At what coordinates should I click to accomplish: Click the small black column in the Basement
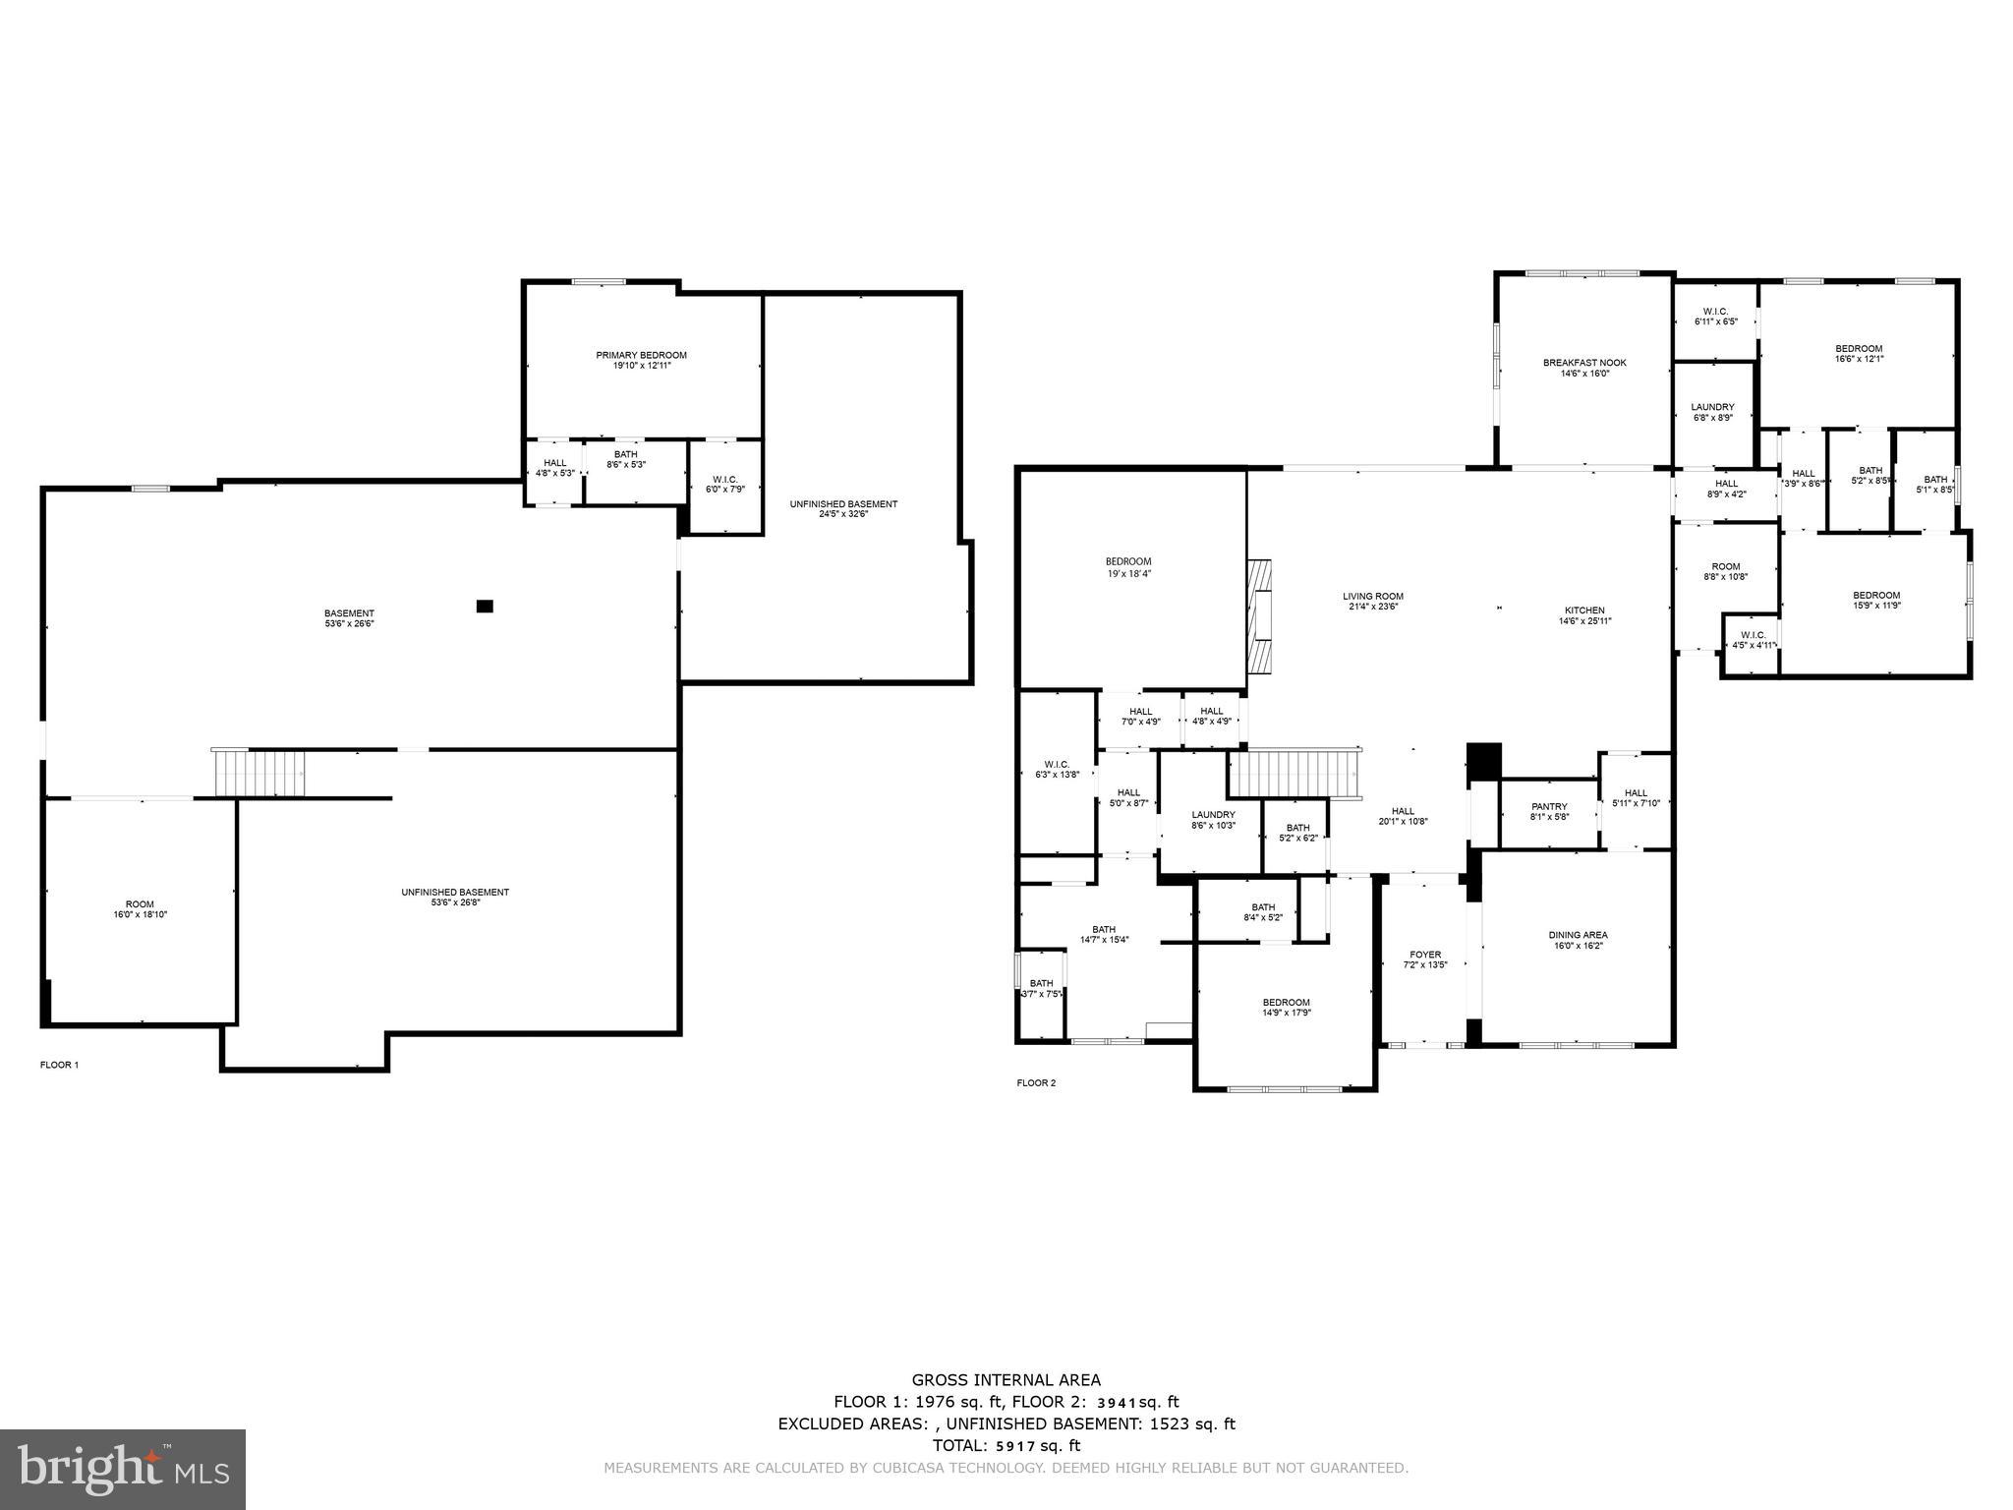(485, 607)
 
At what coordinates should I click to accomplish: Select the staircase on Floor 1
(260, 773)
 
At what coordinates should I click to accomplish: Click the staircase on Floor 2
(1295, 774)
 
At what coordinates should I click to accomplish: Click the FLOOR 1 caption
(59, 1065)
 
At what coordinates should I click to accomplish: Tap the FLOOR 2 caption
(1036, 1083)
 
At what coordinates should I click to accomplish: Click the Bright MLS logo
(123, 1469)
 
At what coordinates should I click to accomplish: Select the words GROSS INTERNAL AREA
(1006, 1380)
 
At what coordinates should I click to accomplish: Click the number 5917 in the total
(1016, 1445)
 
